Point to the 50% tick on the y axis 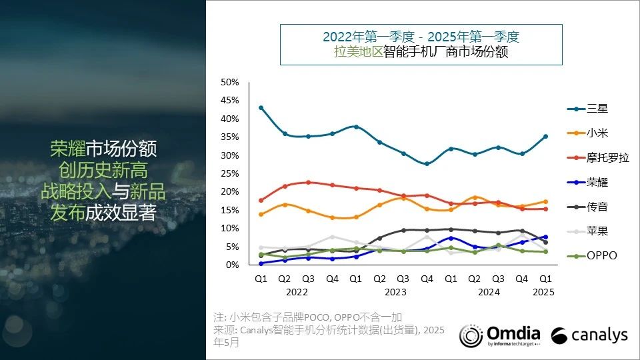230,82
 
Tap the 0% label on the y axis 233,265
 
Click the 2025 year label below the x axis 545,291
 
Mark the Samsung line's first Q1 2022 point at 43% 261,107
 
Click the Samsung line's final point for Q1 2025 545,136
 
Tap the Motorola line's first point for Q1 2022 261,200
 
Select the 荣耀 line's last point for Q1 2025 545,237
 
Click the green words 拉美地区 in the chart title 358,52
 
